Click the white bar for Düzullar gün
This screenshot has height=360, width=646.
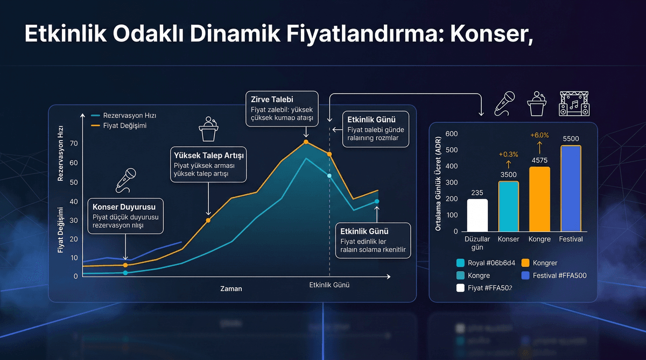[x=478, y=215]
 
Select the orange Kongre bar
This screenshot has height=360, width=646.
[x=539, y=199]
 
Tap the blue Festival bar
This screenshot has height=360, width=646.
[x=571, y=188]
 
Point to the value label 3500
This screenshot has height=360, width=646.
[x=508, y=174]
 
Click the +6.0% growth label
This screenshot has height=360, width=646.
[x=539, y=135]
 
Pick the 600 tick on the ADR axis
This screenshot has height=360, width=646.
[x=452, y=133]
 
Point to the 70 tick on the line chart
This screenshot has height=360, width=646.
[x=73, y=143]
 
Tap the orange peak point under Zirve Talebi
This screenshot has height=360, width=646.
[x=306, y=142]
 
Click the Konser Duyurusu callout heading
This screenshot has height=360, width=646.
[x=124, y=207]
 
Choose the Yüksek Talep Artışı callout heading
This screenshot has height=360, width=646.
[x=207, y=156]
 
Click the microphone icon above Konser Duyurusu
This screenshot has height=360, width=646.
[x=126, y=180]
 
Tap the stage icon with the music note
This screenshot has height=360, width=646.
[x=574, y=103]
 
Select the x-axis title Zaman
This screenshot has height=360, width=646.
[x=231, y=288]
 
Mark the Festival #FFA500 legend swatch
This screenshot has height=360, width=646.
[x=525, y=276]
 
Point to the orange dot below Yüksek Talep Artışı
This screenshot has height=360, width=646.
[x=208, y=220]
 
